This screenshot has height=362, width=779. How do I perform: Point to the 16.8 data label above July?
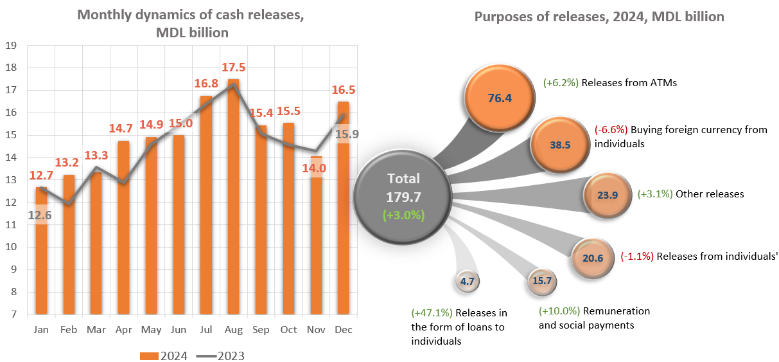pos(206,83)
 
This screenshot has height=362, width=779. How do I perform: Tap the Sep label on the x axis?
pos(260,329)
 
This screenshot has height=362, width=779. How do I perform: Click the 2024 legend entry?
pos(164,356)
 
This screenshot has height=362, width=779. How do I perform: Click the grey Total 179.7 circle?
pos(403,196)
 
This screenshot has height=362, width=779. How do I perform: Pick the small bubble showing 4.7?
pos(467,280)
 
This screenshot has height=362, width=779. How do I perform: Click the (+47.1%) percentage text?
pos(432,313)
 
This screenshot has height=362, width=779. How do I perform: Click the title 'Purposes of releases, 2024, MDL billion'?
pos(599,17)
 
